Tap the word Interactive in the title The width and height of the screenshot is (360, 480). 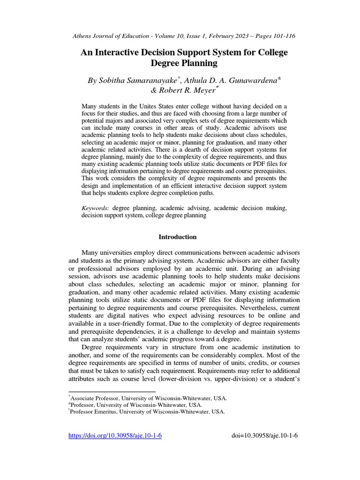pyautogui.click(x=120, y=52)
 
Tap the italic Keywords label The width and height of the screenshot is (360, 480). pyautogui.click(x=96, y=208)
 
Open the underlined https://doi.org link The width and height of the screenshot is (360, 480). pyautogui.click(x=115, y=435)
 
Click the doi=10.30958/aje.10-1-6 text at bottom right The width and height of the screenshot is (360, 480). pyautogui.click(x=265, y=435)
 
